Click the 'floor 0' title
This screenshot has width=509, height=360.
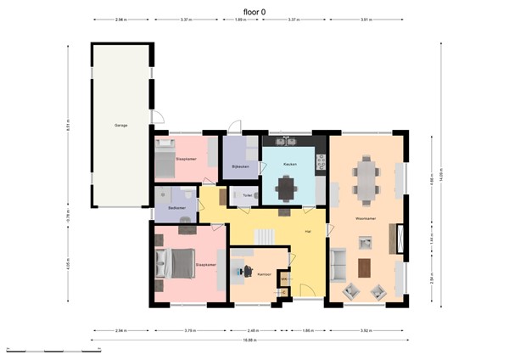click(x=255, y=12)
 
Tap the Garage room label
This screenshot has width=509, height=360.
click(x=121, y=126)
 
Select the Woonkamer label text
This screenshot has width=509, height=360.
click(x=366, y=219)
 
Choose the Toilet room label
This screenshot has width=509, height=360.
click(x=247, y=195)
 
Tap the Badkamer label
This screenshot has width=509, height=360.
click(x=177, y=207)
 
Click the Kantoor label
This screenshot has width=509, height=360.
click(x=264, y=274)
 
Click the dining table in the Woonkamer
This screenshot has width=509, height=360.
click(x=366, y=179)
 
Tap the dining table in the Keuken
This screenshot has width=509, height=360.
click(x=288, y=185)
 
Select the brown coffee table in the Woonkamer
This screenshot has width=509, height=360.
click(x=365, y=267)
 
